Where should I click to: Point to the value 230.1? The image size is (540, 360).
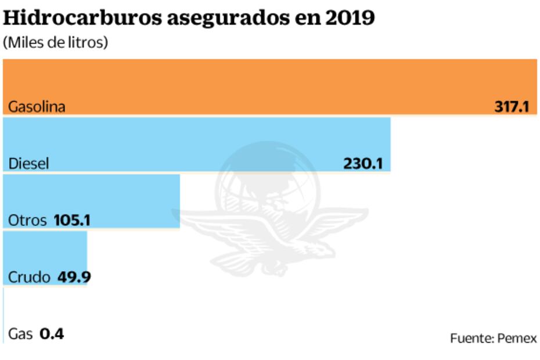point(363,164)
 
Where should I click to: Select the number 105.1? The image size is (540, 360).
point(71,221)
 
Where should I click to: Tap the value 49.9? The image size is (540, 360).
point(74,277)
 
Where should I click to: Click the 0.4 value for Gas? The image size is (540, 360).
point(52,334)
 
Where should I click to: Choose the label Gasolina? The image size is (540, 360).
point(37,107)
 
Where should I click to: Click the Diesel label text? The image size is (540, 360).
point(28,164)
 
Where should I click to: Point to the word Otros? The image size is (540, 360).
point(27,221)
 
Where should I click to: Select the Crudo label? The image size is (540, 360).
point(29,277)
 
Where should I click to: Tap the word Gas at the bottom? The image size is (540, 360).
point(20,334)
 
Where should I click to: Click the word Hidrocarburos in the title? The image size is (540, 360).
point(81,19)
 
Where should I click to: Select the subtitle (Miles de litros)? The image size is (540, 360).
point(56,43)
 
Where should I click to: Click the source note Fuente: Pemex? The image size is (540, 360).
point(494,338)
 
